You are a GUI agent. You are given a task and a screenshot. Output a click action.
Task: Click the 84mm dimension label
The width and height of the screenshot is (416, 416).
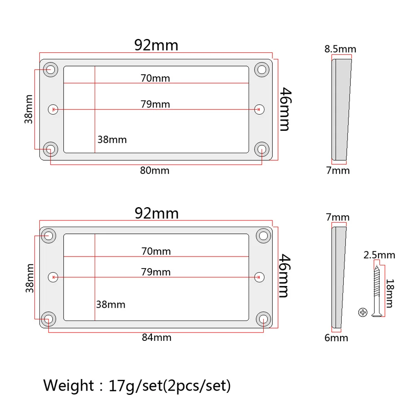(x=157, y=338)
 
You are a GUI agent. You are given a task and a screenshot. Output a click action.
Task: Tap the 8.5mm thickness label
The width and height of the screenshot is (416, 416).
(x=340, y=49)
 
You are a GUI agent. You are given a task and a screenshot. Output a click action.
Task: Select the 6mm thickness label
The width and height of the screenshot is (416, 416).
(x=336, y=338)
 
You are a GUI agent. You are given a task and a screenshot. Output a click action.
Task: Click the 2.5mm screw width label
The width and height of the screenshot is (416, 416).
(x=379, y=255)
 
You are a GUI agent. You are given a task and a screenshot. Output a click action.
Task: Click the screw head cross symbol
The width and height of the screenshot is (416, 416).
(x=363, y=312)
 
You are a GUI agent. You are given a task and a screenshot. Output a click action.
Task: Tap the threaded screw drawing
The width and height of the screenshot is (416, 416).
(x=377, y=291)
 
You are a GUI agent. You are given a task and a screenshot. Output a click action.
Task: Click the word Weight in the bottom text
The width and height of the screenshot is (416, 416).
(x=69, y=386)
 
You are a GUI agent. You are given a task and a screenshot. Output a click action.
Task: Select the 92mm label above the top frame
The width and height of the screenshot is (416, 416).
(x=156, y=45)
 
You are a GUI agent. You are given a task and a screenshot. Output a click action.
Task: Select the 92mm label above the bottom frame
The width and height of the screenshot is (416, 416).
(x=157, y=213)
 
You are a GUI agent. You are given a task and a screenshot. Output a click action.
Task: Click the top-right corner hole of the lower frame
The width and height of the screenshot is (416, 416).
(x=263, y=235)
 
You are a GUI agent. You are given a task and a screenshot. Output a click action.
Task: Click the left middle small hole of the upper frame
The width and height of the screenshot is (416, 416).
(x=53, y=109)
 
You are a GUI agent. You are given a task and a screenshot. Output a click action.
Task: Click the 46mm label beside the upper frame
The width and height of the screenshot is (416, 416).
(x=284, y=109)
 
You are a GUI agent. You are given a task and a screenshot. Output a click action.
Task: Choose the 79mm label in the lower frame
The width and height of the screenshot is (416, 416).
(x=156, y=272)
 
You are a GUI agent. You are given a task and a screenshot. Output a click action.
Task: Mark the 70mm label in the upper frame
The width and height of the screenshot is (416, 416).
(x=155, y=78)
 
